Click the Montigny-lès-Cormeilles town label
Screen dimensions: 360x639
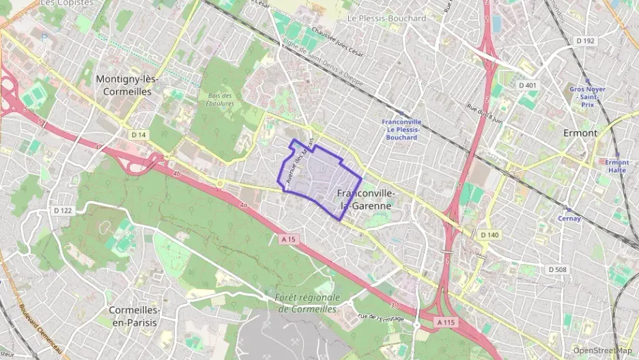(x=128, y=85)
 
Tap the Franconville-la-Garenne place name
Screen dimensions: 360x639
(x=365, y=199)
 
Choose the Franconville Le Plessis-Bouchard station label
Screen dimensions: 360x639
(x=401, y=130)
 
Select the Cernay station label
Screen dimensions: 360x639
(x=569, y=219)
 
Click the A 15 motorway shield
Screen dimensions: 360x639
(x=288, y=238)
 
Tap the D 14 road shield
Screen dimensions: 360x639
(x=139, y=135)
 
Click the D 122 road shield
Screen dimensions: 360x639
(x=63, y=210)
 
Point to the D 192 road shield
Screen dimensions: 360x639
(x=585, y=41)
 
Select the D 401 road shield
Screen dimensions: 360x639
(x=527, y=85)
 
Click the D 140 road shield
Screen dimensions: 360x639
(x=489, y=235)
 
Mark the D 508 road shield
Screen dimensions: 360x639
(x=557, y=269)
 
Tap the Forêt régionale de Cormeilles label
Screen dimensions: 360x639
(x=307, y=303)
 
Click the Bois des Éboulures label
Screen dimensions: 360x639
(x=220, y=100)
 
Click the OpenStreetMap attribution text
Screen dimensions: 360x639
(x=602, y=350)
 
